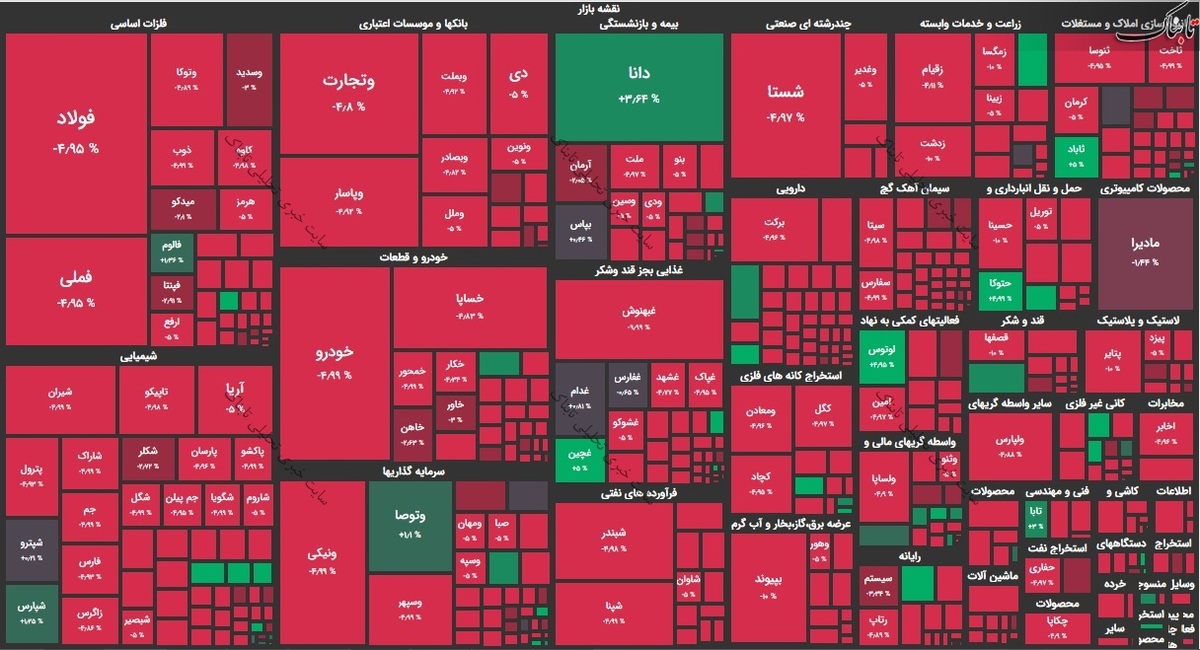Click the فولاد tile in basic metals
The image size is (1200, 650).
[76, 130]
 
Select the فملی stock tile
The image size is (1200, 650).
[76, 290]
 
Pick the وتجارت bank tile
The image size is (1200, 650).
[348, 92]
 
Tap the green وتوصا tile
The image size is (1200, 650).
[410, 523]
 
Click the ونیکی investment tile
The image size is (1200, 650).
[322, 560]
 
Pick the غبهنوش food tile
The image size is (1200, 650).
[638, 316]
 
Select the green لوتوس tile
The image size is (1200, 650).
[881, 357]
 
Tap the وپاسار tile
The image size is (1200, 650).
[348, 200]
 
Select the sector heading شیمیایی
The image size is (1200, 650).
[139, 355]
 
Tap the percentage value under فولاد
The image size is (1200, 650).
[76, 149]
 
